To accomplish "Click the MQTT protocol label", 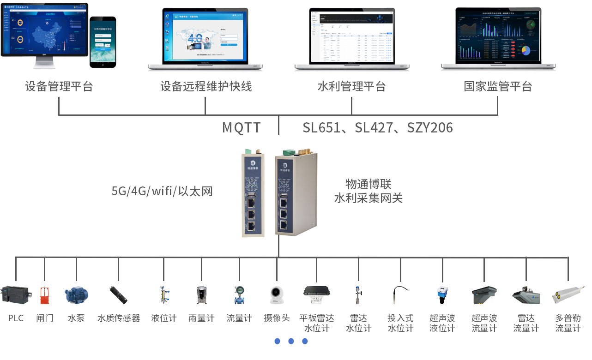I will pos(242,127).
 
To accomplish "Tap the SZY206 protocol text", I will pos(430,127).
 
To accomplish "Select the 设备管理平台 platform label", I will pos(59,86).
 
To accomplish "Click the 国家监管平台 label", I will pos(498,86).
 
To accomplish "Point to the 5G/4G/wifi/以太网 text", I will pos(162,191).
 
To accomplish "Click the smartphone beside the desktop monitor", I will pos(103,42).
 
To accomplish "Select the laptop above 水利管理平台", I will pos(352,39).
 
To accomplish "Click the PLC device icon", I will pos(16,294).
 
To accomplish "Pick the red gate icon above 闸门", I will pos(44,295).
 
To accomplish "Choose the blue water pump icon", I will pos(76,294).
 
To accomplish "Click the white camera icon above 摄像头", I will pos(277,294).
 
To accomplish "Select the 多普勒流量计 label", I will pos(568,323).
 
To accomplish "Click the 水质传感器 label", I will pos(119,318).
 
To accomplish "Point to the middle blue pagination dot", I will pos(291,341).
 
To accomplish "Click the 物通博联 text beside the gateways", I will pos(368,185).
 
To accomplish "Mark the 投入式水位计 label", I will pos(400,323).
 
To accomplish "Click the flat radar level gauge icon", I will pos(317,293).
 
